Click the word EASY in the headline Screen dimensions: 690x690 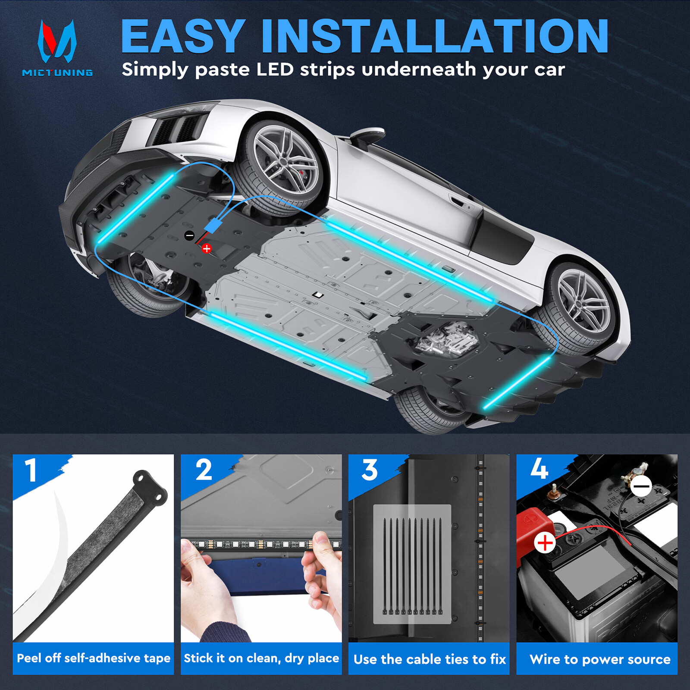pyautogui.click(x=183, y=37)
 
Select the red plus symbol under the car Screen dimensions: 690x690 pyautogui.click(x=207, y=248)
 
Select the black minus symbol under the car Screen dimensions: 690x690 pyautogui.click(x=189, y=235)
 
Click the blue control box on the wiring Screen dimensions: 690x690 pyautogui.click(x=213, y=226)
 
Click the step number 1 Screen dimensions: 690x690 pyautogui.click(x=31, y=470)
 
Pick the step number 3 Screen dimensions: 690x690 pyautogui.click(x=370, y=470)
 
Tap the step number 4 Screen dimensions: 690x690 pyautogui.click(x=539, y=469)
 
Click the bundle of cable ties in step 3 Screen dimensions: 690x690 pyautogui.click(x=412, y=565)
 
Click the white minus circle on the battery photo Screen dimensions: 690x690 pyautogui.click(x=642, y=486)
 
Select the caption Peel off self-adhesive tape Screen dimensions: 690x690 pyautogui.click(x=94, y=658)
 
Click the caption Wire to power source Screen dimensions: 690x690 pyautogui.click(x=600, y=659)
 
